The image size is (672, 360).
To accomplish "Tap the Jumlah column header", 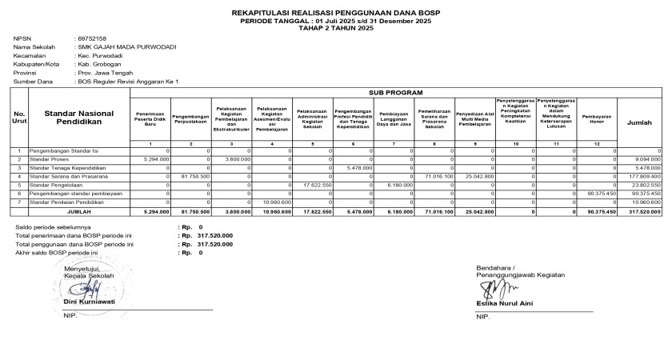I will pyautogui.click(x=639, y=122).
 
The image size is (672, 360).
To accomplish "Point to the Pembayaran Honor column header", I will pyautogui.click(x=598, y=118).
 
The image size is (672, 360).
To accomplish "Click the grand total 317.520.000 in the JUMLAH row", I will pyautogui.click(x=645, y=212).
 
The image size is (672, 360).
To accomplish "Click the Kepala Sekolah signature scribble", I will pyautogui.click(x=89, y=289).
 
